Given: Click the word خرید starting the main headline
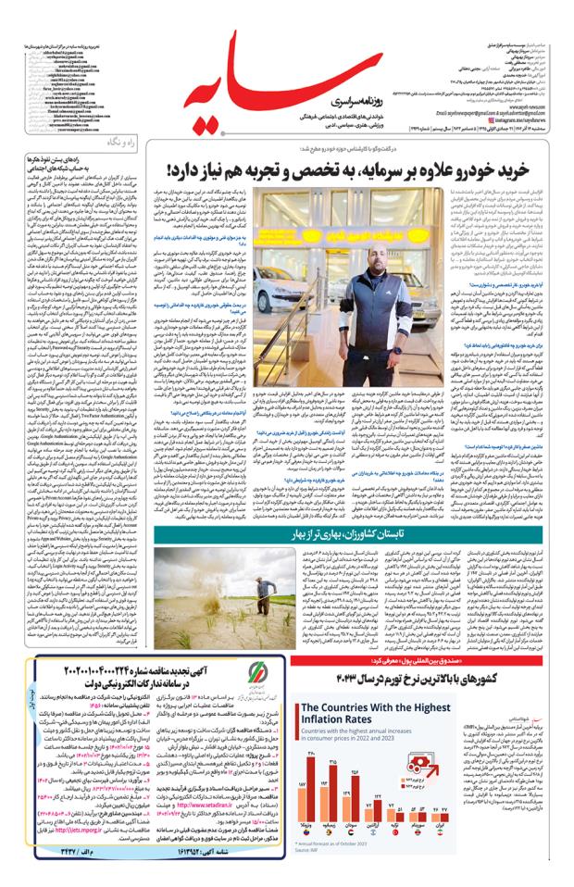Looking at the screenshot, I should coord(513,169).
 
